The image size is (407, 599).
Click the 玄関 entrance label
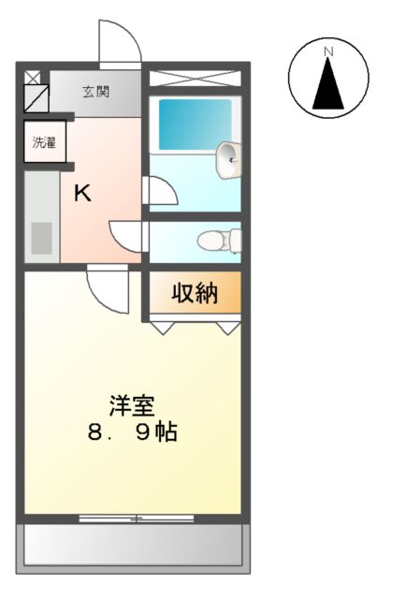pos(95,92)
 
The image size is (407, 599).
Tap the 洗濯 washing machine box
pos(44,143)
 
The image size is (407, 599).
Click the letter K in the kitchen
pos(82,194)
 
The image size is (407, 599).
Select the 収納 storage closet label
pos(194,294)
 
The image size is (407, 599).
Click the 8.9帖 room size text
pos(132,432)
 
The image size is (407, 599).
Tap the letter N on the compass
pos(327,51)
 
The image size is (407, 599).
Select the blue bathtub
pos(195,124)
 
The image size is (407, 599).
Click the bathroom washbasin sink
pos(227,160)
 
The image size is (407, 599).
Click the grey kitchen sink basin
pos(42,238)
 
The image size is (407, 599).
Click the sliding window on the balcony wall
pos(137,518)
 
